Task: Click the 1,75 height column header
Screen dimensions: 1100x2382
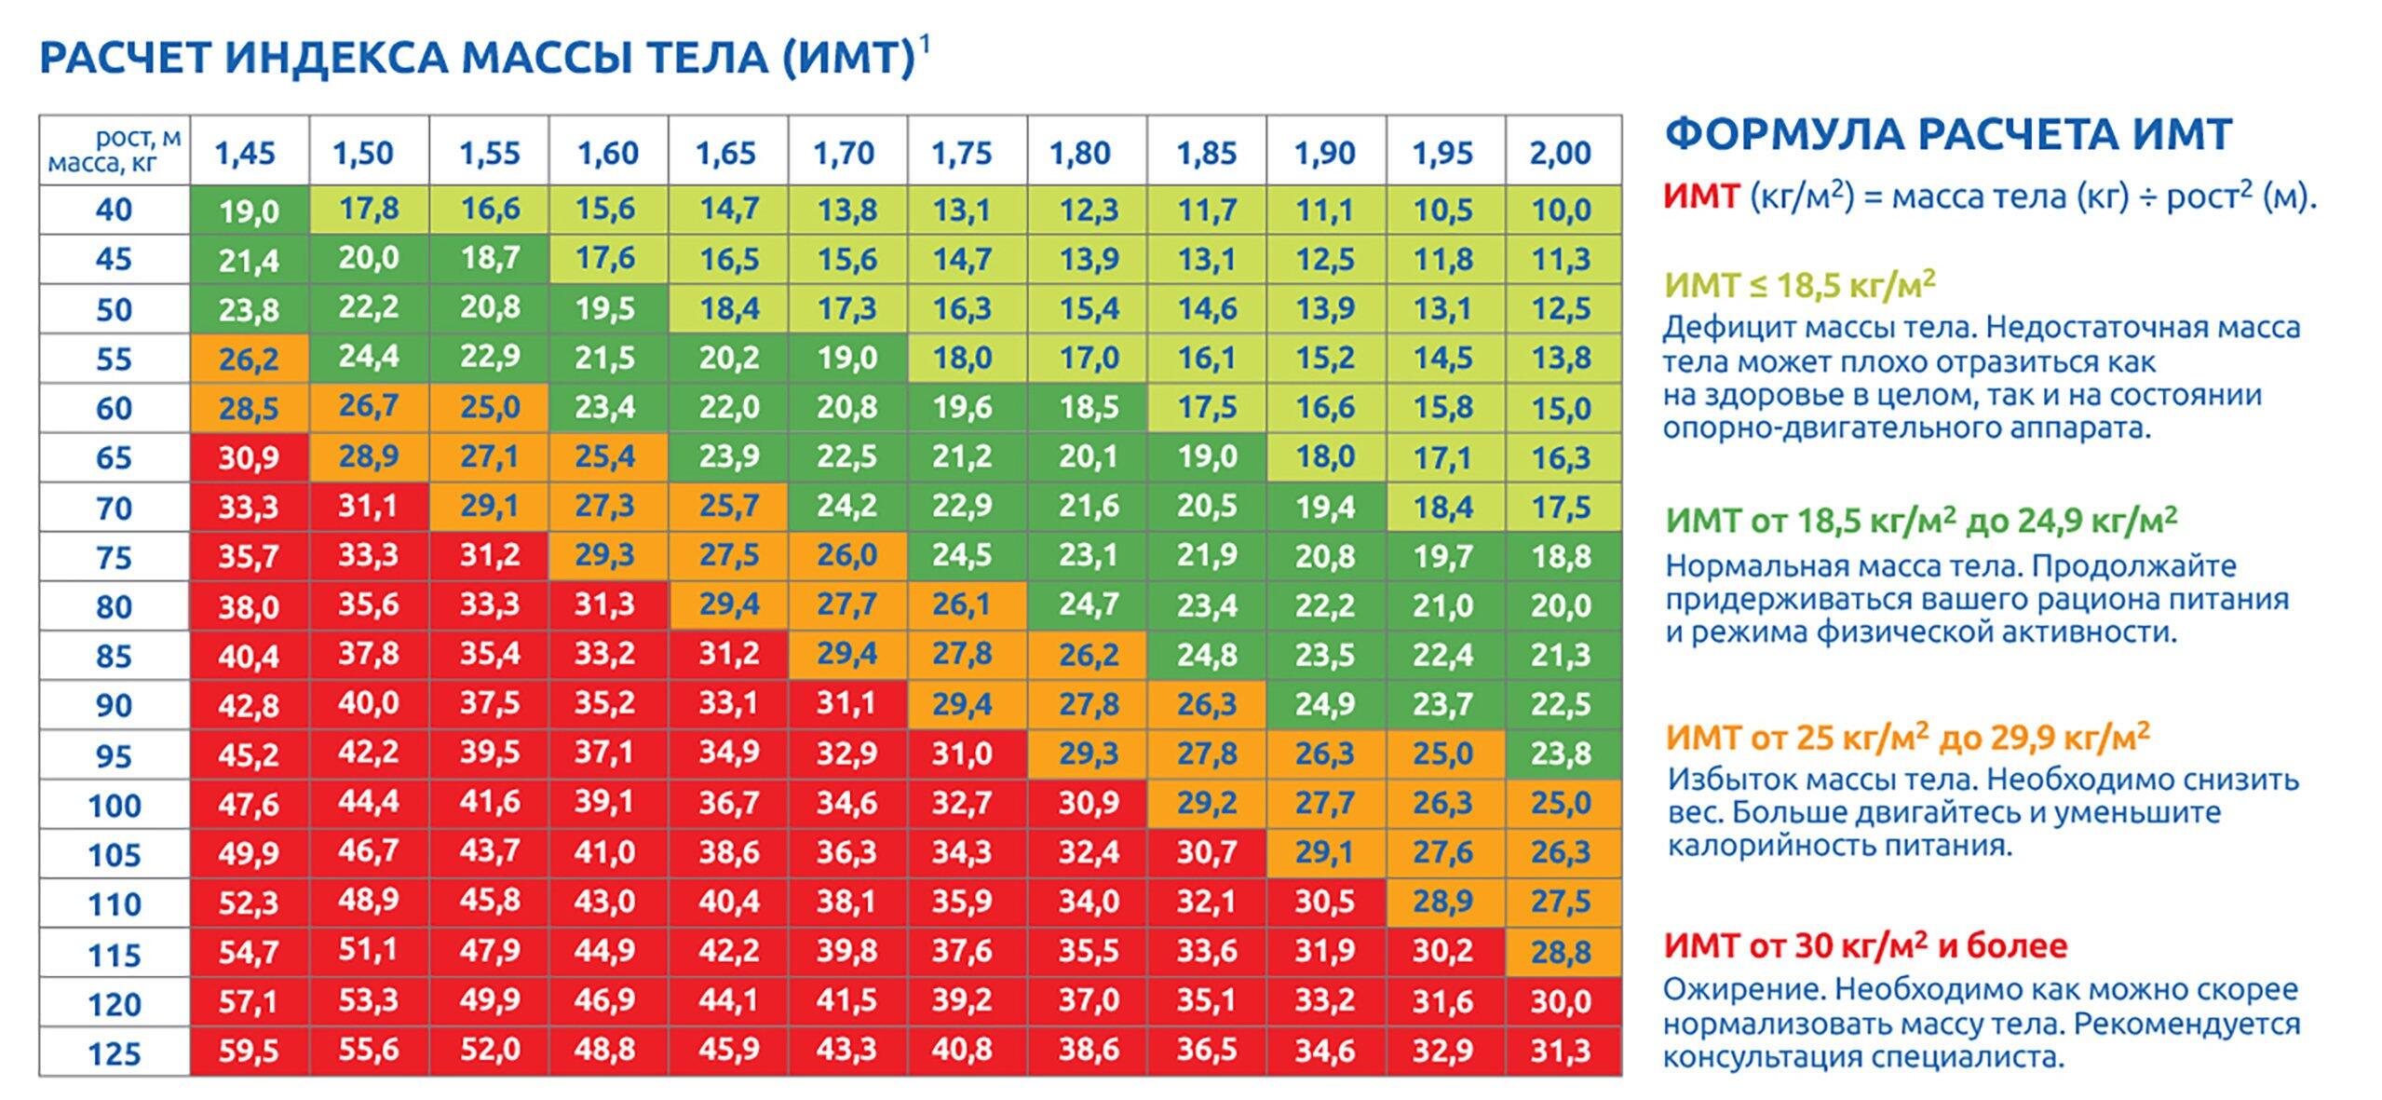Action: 962,152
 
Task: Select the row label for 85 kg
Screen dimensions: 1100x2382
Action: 115,657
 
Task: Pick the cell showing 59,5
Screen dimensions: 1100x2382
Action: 249,1052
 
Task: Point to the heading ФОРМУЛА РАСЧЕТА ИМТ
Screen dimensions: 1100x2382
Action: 1948,134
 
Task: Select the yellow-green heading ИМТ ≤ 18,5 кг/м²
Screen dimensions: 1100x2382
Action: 1800,284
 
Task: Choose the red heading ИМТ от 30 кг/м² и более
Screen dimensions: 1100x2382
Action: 1866,946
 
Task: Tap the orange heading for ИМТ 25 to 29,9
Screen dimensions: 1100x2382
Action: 1908,738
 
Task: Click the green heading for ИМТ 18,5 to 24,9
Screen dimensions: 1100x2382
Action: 1921,521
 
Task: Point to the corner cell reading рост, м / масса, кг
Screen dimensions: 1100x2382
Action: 115,151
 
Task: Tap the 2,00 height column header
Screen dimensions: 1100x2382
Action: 1561,152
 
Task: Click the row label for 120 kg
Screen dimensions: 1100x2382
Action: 115,1004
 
